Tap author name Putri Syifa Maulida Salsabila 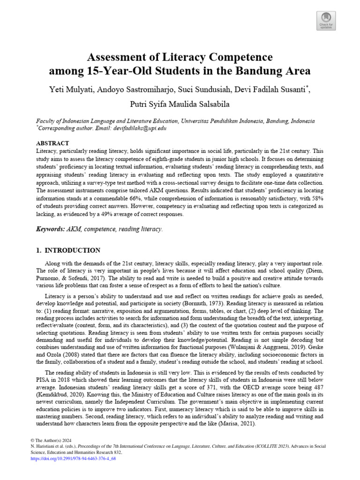click(180, 104)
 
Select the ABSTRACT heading click(52, 143)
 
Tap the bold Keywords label click(52, 229)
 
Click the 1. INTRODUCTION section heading click(68, 250)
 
